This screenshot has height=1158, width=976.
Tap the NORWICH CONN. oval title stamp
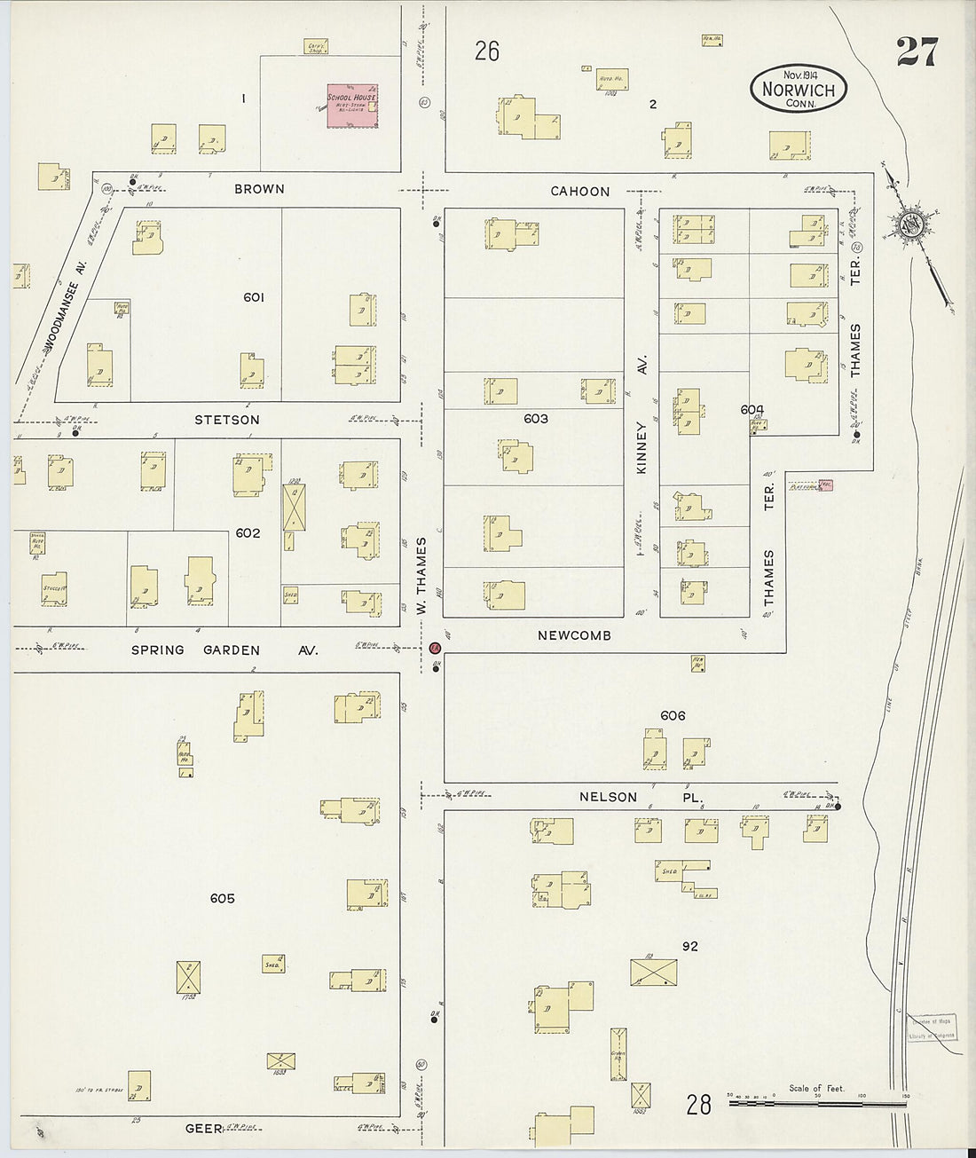click(799, 89)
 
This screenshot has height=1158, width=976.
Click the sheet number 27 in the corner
click(916, 53)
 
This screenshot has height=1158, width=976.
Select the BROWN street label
click(260, 189)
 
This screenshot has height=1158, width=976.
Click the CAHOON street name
click(579, 192)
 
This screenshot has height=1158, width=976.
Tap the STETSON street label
click(227, 420)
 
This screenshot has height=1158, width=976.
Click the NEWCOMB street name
click(574, 636)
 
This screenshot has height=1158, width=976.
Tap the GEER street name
click(203, 1129)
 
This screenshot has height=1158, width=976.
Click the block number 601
click(254, 298)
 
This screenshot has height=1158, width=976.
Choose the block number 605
click(222, 899)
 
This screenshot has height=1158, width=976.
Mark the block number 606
click(673, 716)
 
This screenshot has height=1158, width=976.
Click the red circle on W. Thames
click(435, 649)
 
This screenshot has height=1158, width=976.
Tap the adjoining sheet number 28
click(699, 1104)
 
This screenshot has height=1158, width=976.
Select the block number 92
click(690, 947)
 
